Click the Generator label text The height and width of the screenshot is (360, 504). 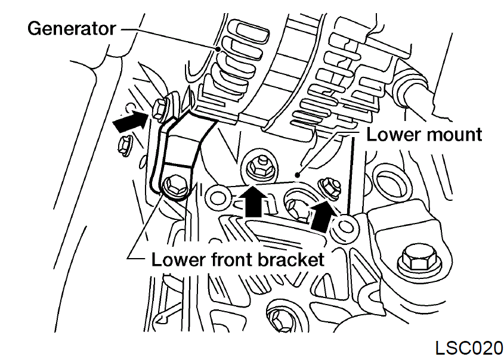pos(71,29)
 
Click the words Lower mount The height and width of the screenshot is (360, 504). pos(424,134)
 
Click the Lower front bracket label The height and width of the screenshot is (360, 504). pos(237,259)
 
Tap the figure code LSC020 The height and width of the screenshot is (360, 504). pos(469,347)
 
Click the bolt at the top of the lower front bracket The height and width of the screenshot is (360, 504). pos(161,108)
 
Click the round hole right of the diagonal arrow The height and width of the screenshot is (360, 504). pos(345,225)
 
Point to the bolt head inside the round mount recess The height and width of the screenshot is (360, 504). pos(296,207)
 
